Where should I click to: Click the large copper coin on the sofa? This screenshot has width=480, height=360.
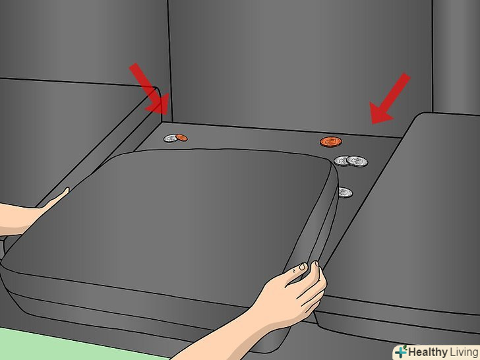[331, 142]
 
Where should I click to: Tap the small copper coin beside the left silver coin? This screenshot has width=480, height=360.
[181, 138]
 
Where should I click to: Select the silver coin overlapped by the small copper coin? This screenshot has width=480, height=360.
[170, 138]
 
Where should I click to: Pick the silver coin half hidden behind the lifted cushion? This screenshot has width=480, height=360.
[345, 193]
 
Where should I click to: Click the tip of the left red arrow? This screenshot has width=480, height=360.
[167, 115]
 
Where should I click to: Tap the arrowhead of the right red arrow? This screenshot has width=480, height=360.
[380, 114]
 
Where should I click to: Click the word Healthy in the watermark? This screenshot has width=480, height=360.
[428, 352]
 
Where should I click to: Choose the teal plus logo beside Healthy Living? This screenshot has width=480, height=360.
[400, 351]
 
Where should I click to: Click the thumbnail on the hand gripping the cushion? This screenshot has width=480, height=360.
[302, 267]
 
